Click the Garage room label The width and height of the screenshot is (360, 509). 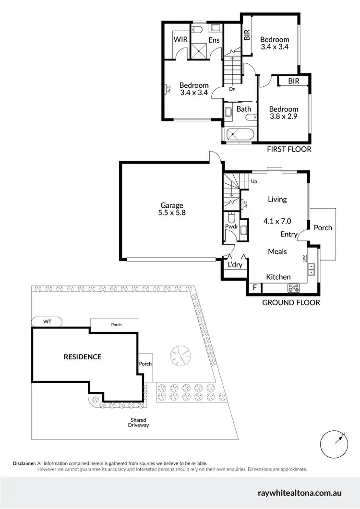pyautogui.click(x=172, y=205)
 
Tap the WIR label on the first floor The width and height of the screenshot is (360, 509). pyautogui.click(x=180, y=39)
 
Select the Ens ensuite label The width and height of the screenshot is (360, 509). pyautogui.click(x=214, y=40)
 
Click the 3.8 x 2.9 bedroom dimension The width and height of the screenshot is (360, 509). pyautogui.click(x=283, y=117)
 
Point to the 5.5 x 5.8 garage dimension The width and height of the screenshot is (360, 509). pyautogui.click(x=172, y=214)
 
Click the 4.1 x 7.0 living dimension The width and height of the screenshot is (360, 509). pyautogui.click(x=277, y=221)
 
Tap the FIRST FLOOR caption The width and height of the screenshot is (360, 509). pyautogui.click(x=289, y=149)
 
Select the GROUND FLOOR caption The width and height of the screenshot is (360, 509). pyautogui.click(x=291, y=303)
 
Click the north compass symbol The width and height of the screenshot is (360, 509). pyautogui.click(x=334, y=445)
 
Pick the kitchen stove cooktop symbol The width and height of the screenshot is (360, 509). pyautogui.click(x=293, y=288)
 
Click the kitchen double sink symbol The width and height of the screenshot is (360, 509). pyautogui.click(x=312, y=269)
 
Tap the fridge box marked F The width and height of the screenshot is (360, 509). pyautogui.click(x=254, y=288)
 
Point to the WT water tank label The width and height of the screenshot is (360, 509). pyautogui.click(x=47, y=321)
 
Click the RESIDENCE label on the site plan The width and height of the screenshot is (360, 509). pyautogui.click(x=83, y=356)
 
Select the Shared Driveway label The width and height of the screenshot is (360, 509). pyautogui.click(x=139, y=423)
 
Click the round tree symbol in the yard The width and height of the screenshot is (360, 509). pyautogui.click(x=180, y=355)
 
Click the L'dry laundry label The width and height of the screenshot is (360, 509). pyautogui.click(x=235, y=265)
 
